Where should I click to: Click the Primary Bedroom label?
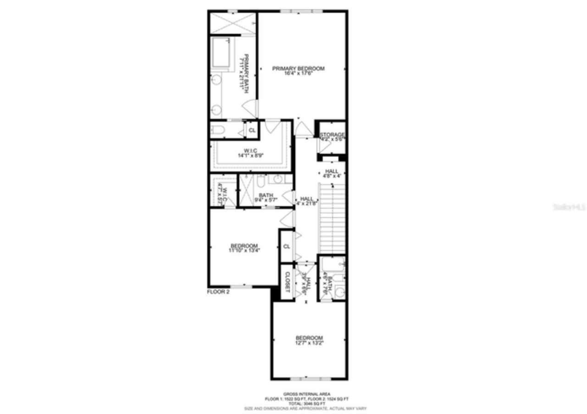(298, 69)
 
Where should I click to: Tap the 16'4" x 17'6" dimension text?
(298, 74)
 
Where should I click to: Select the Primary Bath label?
(245, 73)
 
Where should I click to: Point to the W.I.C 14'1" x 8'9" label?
(250, 153)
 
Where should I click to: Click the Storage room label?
(332, 135)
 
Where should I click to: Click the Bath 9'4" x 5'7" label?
(266, 197)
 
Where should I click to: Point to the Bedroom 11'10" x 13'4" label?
(244, 248)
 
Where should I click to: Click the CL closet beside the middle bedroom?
(287, 246)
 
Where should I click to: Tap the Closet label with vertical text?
(287, 282)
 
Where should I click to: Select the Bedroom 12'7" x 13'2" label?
(309, 340)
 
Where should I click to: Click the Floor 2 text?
(218, 292)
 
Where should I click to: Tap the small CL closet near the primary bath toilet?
(251, 131)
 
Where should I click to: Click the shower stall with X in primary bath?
(232, 23)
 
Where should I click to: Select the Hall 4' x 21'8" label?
(306, 201)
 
